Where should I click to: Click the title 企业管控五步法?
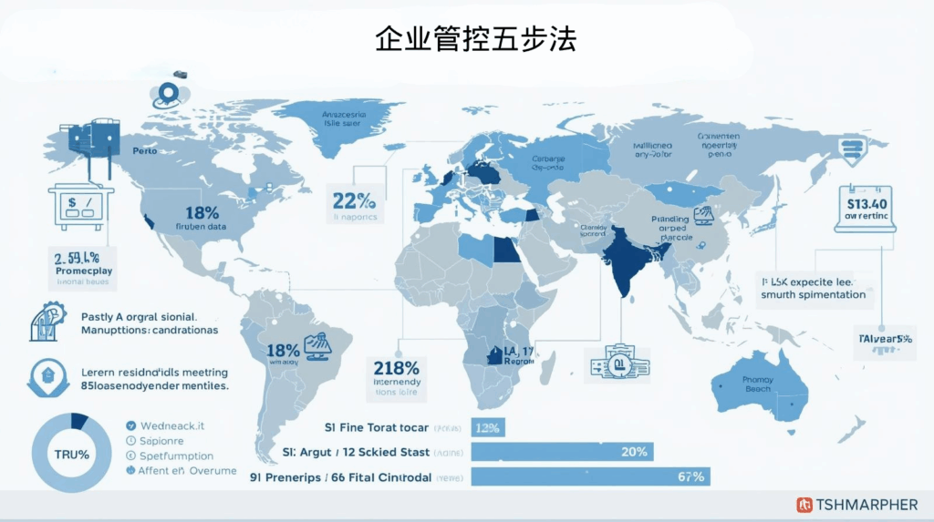coord(475,41)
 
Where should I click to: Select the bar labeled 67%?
coord(589,476)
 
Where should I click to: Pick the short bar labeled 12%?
coord(488,427)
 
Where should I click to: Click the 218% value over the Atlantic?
coord(396,368)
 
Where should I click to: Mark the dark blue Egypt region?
coord(505,248)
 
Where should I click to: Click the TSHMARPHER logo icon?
coord(804,505)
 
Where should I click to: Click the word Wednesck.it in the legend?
coord(170,425)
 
